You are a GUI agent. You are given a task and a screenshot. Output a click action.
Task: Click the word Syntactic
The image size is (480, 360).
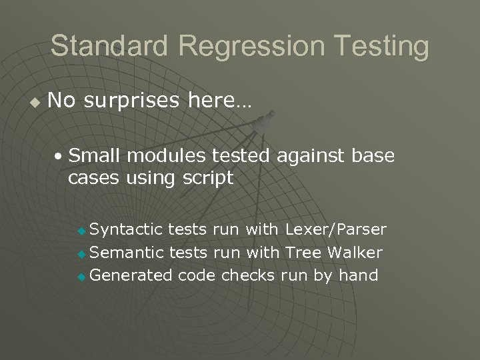coord(126,230)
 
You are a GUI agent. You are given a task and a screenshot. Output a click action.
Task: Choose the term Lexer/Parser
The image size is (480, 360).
coord(335,230)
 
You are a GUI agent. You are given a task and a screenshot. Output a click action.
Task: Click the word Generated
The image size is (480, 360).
coord(131,275)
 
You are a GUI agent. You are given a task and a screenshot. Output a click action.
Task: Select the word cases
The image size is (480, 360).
coord(90,179)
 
